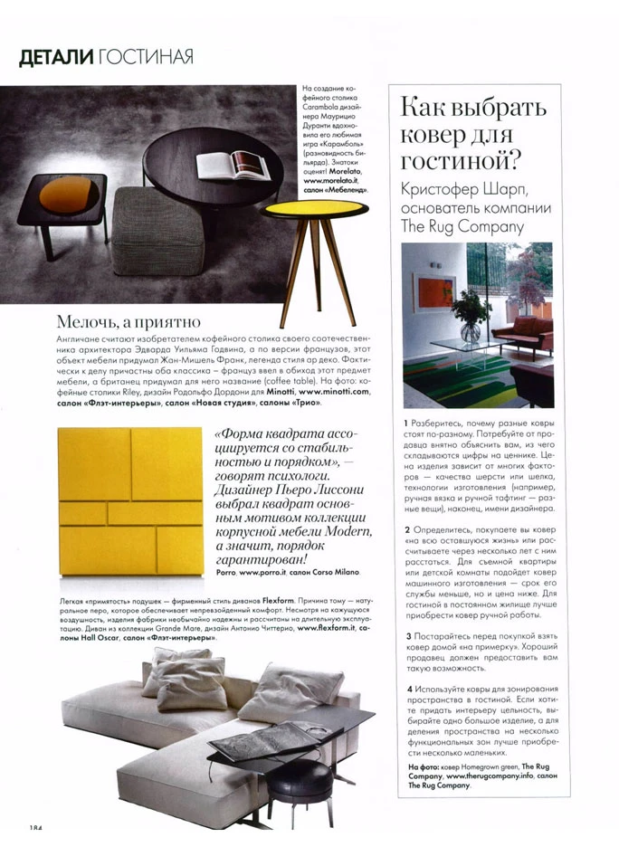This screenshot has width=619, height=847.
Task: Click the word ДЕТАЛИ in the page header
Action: [56, 57]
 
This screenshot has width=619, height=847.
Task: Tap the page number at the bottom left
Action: [36, 828]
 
